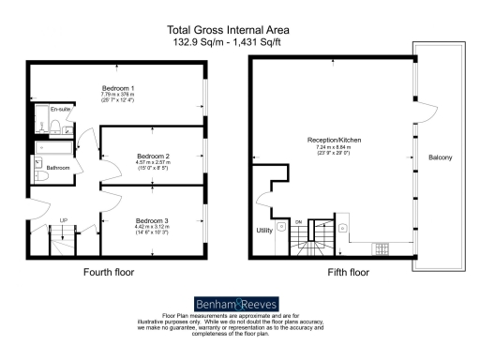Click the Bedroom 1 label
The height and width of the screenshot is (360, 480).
click(118, 88)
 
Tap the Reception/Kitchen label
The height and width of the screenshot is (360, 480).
click(335, 141)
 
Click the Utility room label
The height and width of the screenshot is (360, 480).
click(264, 230)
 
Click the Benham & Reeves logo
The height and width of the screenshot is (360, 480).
click(239, 304)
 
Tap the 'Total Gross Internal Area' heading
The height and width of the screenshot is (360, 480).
click(239, 30)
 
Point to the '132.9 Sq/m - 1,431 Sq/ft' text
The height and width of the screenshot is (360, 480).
click(239, 42)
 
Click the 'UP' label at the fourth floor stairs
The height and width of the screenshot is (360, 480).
click(64, 221)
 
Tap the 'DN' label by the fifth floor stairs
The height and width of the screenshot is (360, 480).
click(298, 221)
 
